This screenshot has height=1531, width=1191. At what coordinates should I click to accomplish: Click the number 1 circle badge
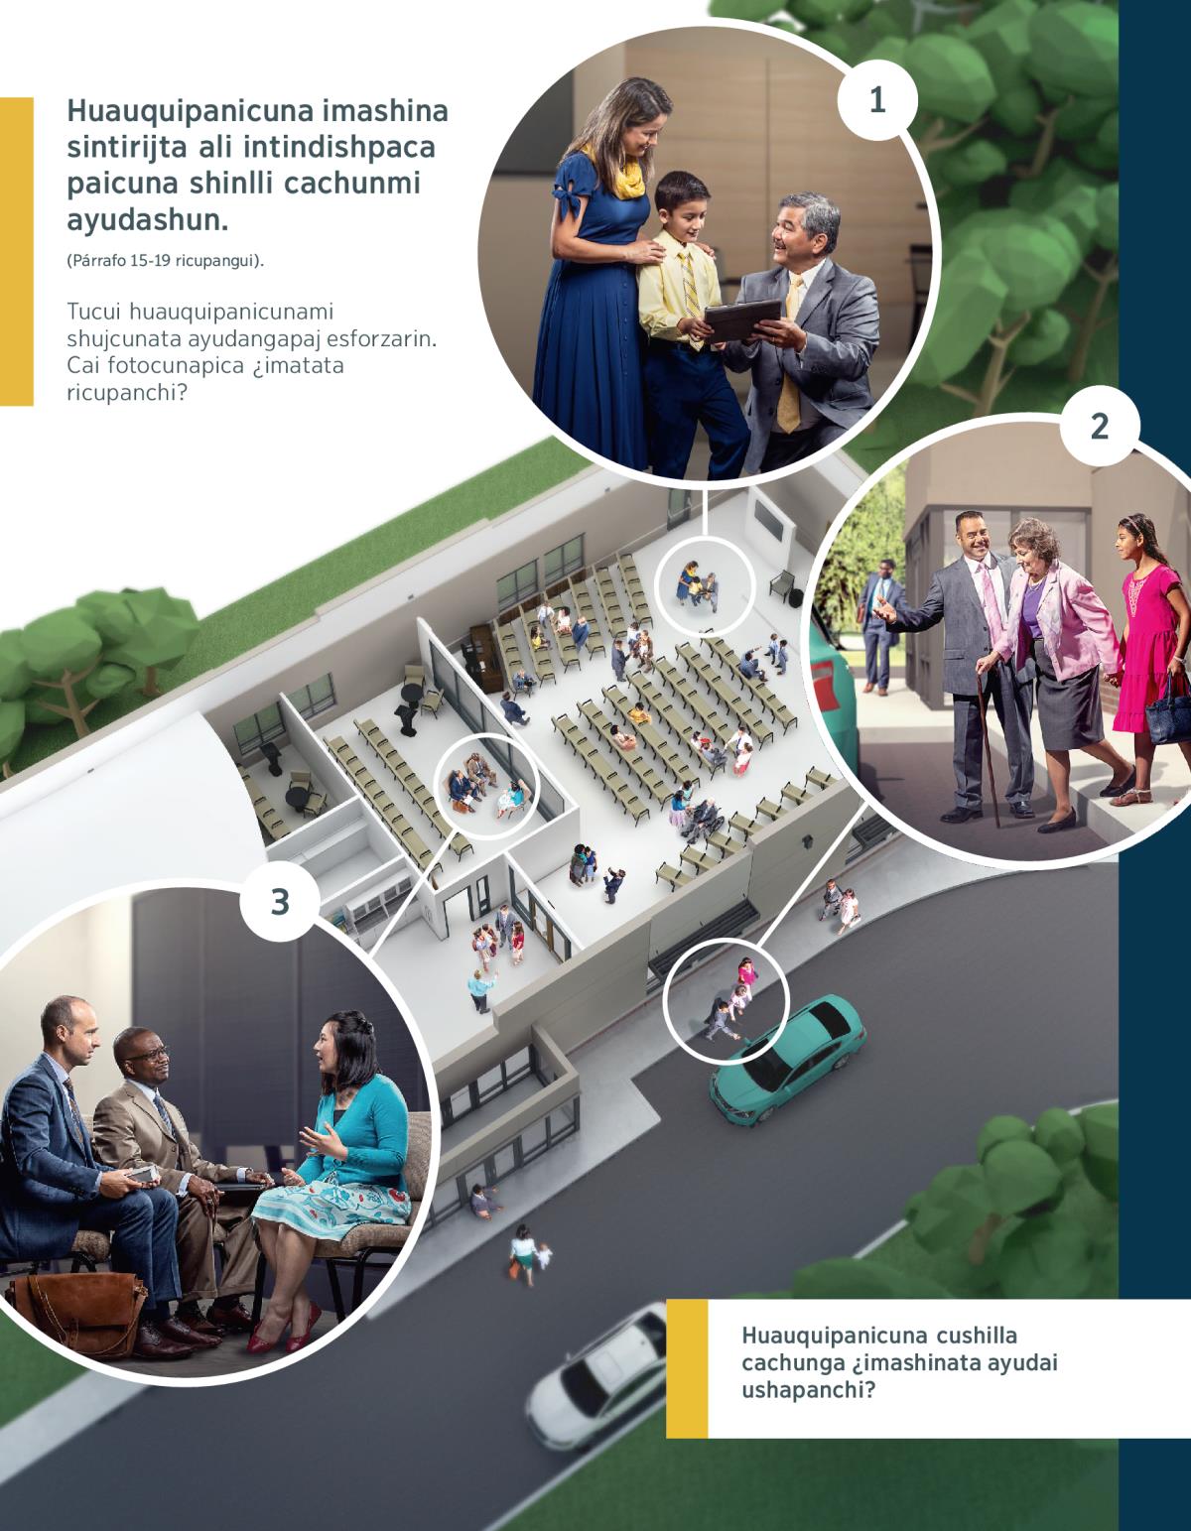(877, 101)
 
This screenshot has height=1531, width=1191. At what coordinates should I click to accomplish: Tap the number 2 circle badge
(1100, 426)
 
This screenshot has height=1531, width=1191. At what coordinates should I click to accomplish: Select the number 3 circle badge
(280, 902)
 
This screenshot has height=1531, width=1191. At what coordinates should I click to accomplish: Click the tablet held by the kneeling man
(742, 320)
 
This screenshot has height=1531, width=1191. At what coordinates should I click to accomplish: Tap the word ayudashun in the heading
(148, 220)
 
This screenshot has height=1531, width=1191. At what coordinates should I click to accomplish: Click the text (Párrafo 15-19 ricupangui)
(166, 261)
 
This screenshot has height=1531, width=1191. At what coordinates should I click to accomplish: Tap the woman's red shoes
(283, 1332)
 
